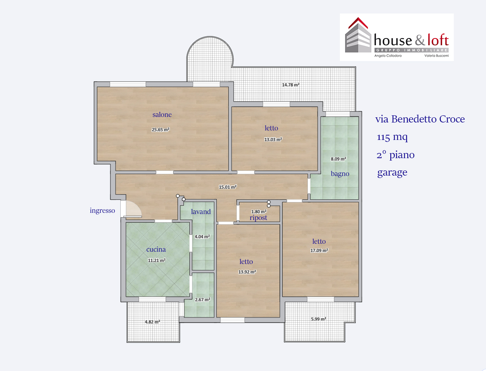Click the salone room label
[x=162, y=115]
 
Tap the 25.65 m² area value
[x=160, y=130]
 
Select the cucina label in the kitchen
[x=156, y=249]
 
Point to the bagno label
[x=340, y=174]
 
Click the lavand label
[x=201, y=212]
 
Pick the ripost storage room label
[x=258, y=218]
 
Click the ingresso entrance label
[x=102, y=210]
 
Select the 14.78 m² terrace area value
[x=291, y=85]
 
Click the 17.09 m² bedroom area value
[x=319, y=251]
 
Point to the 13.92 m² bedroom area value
[x=247, y=272]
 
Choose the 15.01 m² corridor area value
[x=228, y=187]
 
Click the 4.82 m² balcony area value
[x=152, y=322]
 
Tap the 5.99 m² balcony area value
[x=318, y=319]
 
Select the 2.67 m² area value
[x=202, y=300]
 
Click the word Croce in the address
[x=452, y=119]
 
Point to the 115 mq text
[x=392, y=137]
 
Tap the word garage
[x=392, y=172]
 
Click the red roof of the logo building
[x=358, y=23]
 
